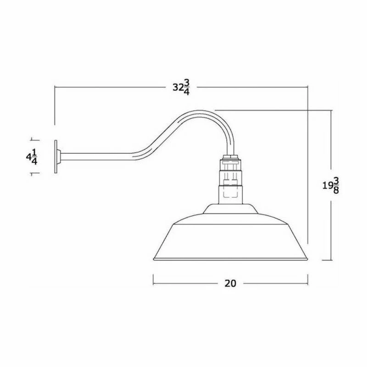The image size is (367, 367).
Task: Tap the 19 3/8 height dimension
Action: [x=330, y=185]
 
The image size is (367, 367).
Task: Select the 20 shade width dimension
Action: [x=230, y=283]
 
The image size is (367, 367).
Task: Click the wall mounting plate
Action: [x=57, y=156]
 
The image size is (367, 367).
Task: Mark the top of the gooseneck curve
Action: [x=201, y=111]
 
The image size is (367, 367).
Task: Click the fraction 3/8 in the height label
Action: [x=336, y=185]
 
